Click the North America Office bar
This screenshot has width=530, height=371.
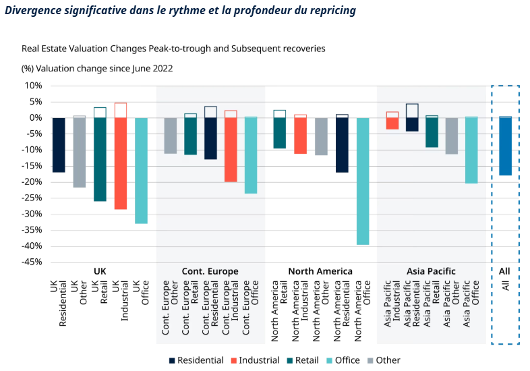click(x=363, y=181)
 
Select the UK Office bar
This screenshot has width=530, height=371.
click(x=141, y=170)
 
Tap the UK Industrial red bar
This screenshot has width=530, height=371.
click(x=121, y=163)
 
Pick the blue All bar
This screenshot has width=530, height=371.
click(x=505, y=146)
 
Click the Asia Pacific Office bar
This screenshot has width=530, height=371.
click(x=471, y=150)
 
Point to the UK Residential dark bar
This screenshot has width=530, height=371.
click(x=59, y=144)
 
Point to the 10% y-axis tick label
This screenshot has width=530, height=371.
click(x=32, y=86)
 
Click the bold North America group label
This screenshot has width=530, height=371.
click(x=320, y=271)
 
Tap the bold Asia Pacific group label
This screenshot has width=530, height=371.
click(x=431, y=271)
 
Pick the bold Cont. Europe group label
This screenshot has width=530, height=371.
click(x=210, y=271)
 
